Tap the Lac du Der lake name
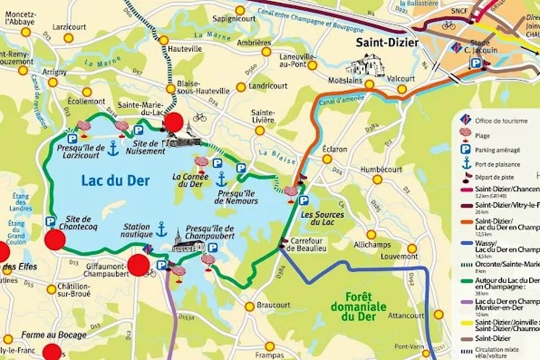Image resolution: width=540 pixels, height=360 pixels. pyautogui.click(x=115, y=180)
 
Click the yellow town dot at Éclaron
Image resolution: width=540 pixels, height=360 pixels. pyautogui.click(x=327, y=159)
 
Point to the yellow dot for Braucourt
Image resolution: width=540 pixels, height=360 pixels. pyautogui.click(x=249, y=306)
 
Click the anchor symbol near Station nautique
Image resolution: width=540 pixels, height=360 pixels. pyautogui.click(x=161, y=229)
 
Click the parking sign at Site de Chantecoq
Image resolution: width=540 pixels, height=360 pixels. pyautogui.click(x=50, y=221)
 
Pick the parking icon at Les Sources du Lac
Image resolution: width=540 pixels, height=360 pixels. pyautogui.click(x=304, y=201)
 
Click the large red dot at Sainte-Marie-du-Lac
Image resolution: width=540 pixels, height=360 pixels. pyautogui.click(x=173, y=122)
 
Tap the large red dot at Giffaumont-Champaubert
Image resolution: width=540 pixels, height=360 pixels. pyautogui.click(x=138, y=265)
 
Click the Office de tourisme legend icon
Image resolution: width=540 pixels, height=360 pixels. pyautogui.click(x=466, y=120)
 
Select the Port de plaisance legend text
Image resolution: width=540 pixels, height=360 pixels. pyautogui.click(x=497, y=164)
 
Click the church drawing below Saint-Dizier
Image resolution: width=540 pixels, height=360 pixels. pyautogui.click(x=365, y=66)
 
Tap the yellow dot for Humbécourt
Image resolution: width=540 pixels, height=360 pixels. pyautogui.click(x=377, y=180)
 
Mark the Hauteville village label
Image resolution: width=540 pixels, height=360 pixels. pyautogui.click(x=184, y=49)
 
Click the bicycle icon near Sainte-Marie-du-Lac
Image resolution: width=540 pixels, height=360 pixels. pyautogui.click(x=199, y=117)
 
